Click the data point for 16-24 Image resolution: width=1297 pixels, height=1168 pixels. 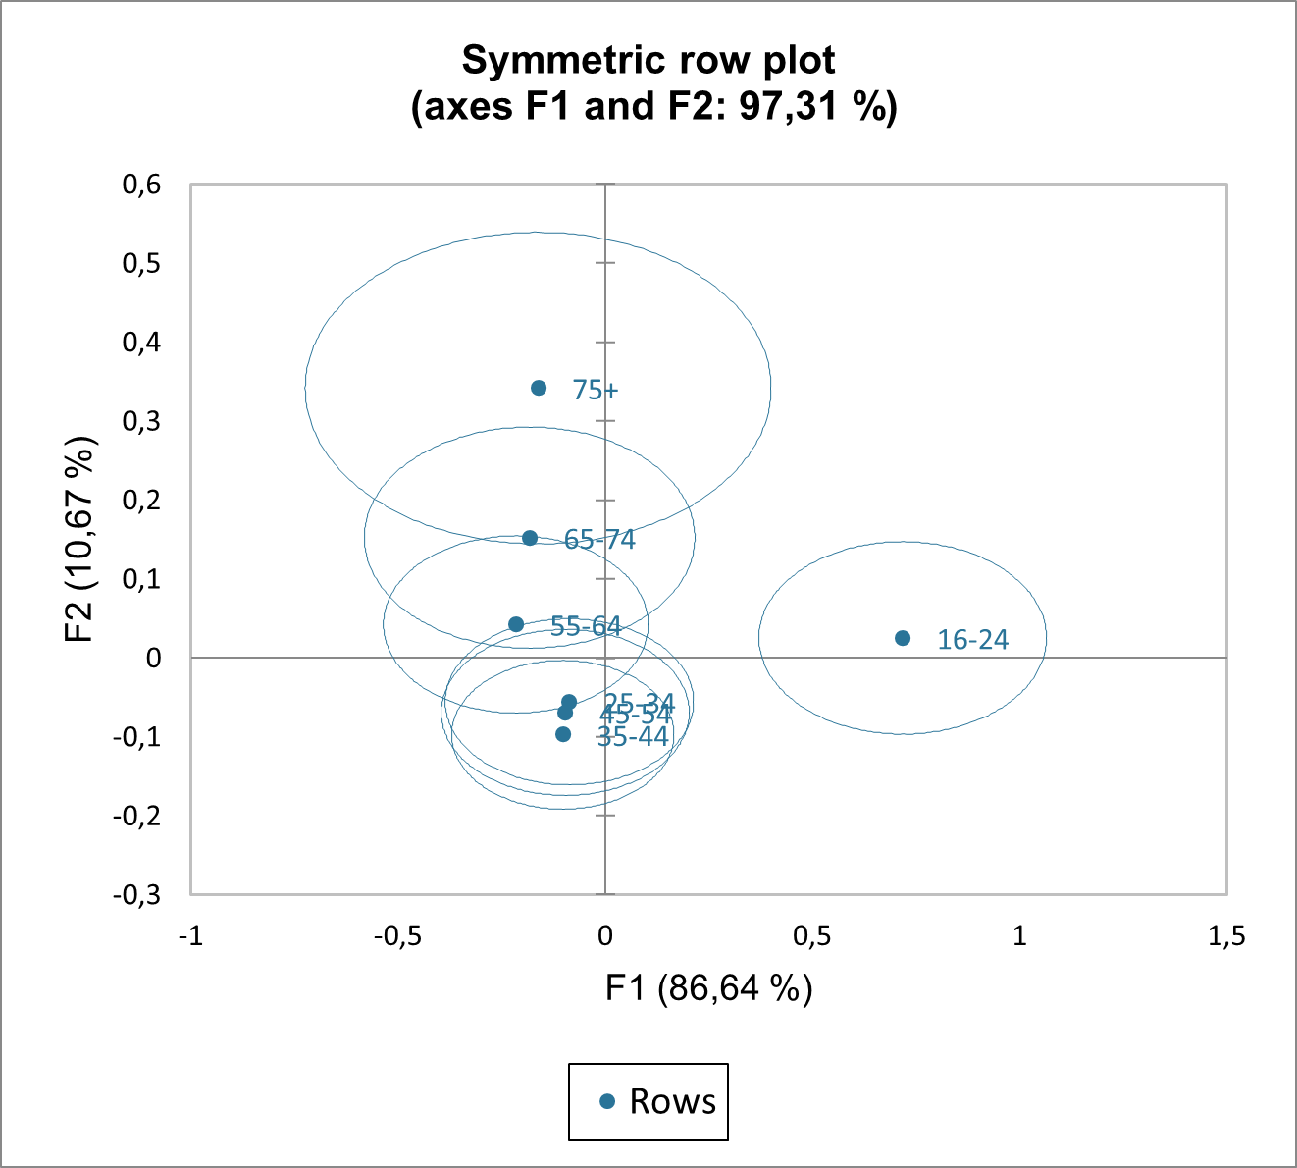coord(903,638)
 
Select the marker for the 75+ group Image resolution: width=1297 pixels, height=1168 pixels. coord(539,388)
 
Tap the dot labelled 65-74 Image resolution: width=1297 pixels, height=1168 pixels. coord(530,538)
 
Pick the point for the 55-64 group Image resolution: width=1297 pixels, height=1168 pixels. coord(516,624)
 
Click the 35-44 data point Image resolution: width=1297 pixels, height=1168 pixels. coord(563,734)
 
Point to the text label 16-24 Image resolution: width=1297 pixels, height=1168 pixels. coord(972,640)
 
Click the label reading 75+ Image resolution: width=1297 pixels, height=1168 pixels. coord(596,391)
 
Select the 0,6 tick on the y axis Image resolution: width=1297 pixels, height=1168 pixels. coord(141,185)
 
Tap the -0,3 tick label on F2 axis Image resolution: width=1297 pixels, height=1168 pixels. coord(136,895)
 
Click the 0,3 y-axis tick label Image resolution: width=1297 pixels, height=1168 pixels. coord(141,421)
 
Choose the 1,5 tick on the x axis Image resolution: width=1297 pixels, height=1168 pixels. coord(1225,936)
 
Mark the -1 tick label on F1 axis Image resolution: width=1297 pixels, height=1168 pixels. coord(190,936)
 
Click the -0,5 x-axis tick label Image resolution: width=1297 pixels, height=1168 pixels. coord(396,936)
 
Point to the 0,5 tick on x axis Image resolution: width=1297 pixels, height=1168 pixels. coord(811,936)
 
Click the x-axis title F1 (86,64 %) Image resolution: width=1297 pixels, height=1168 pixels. coord(708,987)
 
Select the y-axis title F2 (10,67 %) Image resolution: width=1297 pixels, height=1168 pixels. coord(80,539)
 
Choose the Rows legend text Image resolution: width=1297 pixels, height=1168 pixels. coord(672,1102)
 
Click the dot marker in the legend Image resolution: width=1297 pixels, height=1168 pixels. coord(607,1102)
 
